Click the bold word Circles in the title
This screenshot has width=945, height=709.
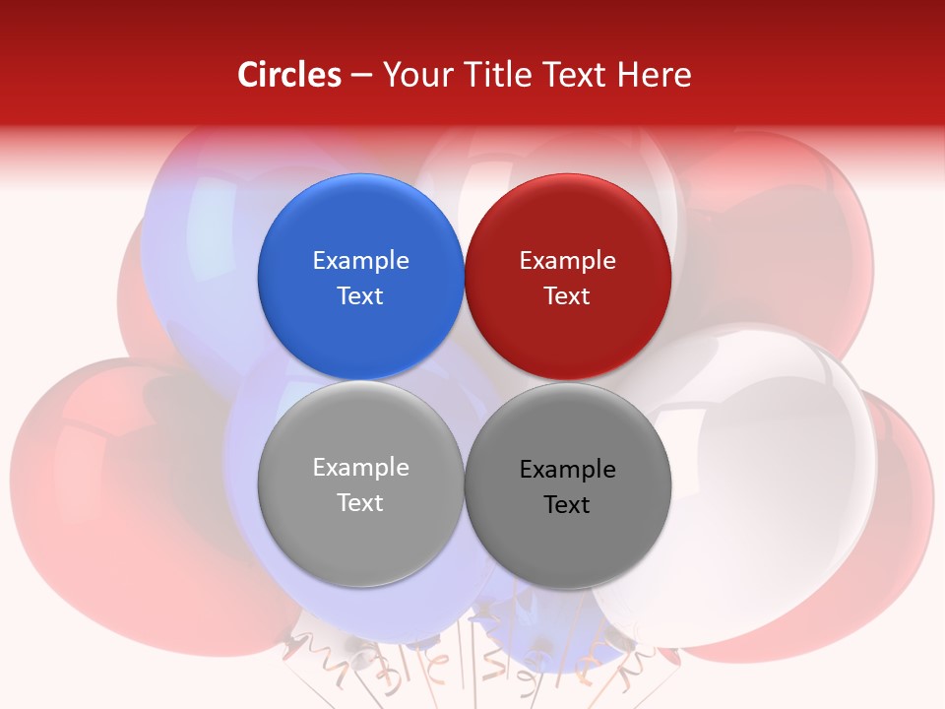(289, 75)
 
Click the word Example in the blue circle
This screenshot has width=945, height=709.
(360, 260)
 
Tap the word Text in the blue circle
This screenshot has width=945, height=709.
(360, 295)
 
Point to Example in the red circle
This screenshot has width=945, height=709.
(567, 260)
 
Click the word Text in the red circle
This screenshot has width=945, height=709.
(567, 295)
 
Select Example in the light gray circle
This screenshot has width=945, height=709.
(360, 467)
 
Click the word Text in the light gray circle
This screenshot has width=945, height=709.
(360, 502)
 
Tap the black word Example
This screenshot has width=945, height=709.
(567, 469)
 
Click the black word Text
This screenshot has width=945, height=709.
(567, 504)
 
